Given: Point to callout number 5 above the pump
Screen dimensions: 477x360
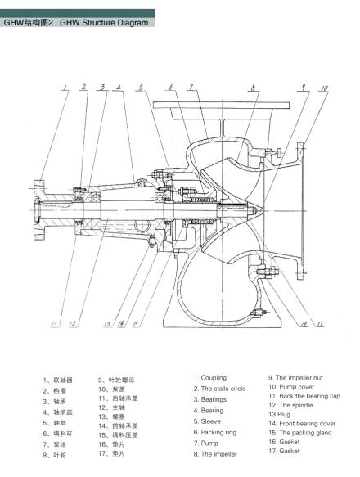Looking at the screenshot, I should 141,87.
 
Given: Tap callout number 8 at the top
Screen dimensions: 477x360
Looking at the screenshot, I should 254,87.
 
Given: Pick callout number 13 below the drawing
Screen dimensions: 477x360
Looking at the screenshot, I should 107,325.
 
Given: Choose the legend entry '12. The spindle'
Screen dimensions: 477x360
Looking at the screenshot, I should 295,406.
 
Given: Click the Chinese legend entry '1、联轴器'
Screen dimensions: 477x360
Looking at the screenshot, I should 58,380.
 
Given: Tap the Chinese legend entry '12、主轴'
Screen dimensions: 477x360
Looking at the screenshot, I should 113,407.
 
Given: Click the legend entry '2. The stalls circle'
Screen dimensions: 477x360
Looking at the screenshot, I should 219,389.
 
